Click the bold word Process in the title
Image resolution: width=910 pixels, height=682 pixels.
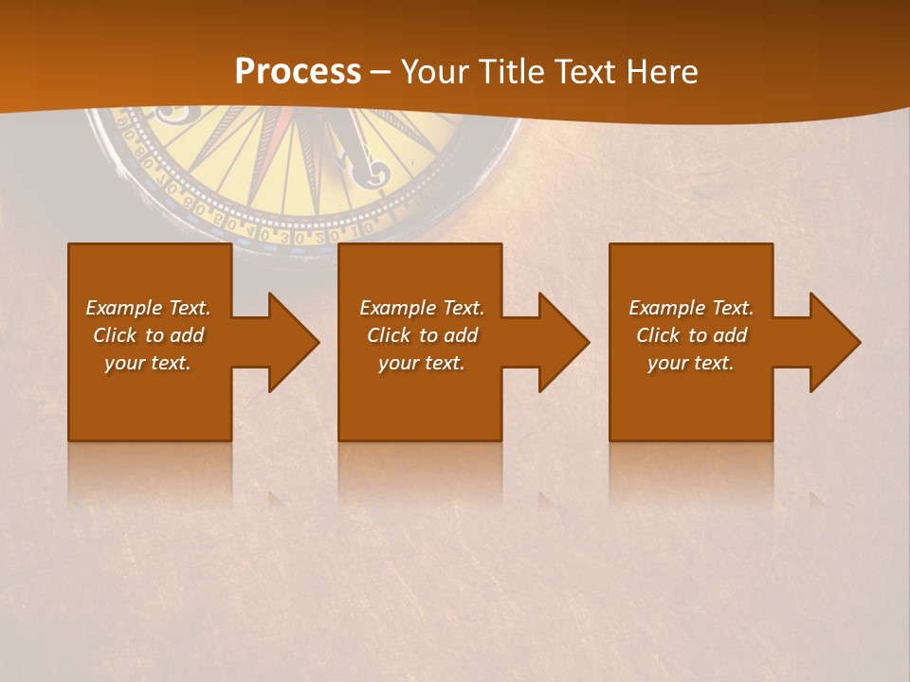[298, 72]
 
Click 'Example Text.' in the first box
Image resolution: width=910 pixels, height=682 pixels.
[148, 308]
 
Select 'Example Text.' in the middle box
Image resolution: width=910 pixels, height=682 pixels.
[422, 308]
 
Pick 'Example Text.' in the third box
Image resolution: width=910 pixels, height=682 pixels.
[691, 308]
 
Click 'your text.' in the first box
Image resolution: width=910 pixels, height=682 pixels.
[148, 363]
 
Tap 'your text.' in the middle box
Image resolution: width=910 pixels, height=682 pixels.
[422, 363]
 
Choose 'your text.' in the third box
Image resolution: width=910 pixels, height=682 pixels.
[691, 363]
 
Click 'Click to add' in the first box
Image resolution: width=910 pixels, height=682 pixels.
[148, 335]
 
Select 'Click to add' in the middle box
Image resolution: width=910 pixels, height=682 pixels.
[422, 335]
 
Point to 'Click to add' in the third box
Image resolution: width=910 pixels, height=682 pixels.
[691, 335]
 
